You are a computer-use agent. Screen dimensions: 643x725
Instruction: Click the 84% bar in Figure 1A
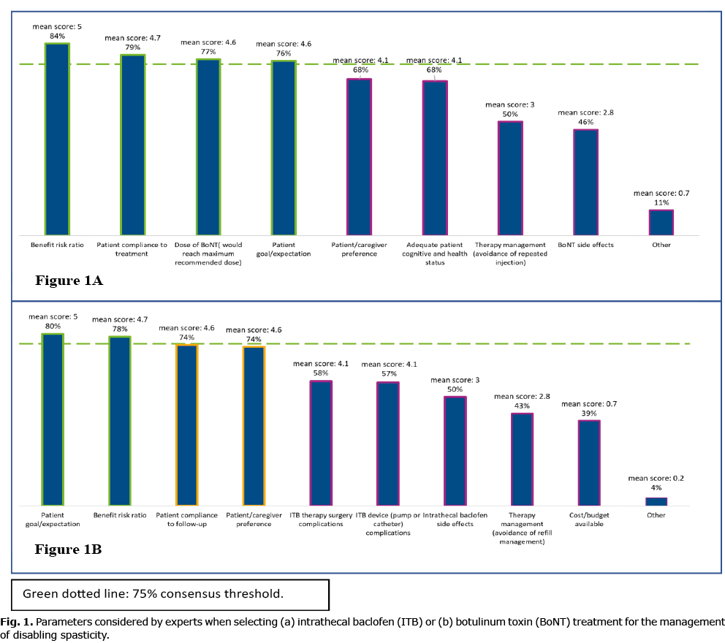point(57,139)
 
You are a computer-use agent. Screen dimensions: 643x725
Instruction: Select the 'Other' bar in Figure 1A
point(661,221)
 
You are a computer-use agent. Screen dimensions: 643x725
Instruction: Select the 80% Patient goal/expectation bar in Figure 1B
point(52,419)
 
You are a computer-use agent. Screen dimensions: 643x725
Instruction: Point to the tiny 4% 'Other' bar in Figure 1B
point(656,501)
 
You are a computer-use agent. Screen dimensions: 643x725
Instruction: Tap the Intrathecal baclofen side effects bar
point(455,451)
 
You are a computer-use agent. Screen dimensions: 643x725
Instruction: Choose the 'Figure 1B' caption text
point(68,549)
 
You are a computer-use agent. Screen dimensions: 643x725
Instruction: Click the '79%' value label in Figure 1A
point(132,47)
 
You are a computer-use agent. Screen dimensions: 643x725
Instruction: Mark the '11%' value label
point(661,202)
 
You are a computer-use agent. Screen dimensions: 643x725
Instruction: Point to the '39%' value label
point(588,414)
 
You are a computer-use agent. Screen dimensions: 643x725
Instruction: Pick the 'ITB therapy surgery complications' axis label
point(321,520)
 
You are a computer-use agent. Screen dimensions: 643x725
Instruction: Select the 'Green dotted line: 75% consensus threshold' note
point(153,593)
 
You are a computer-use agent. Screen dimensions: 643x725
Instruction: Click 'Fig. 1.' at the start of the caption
point(16,622)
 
